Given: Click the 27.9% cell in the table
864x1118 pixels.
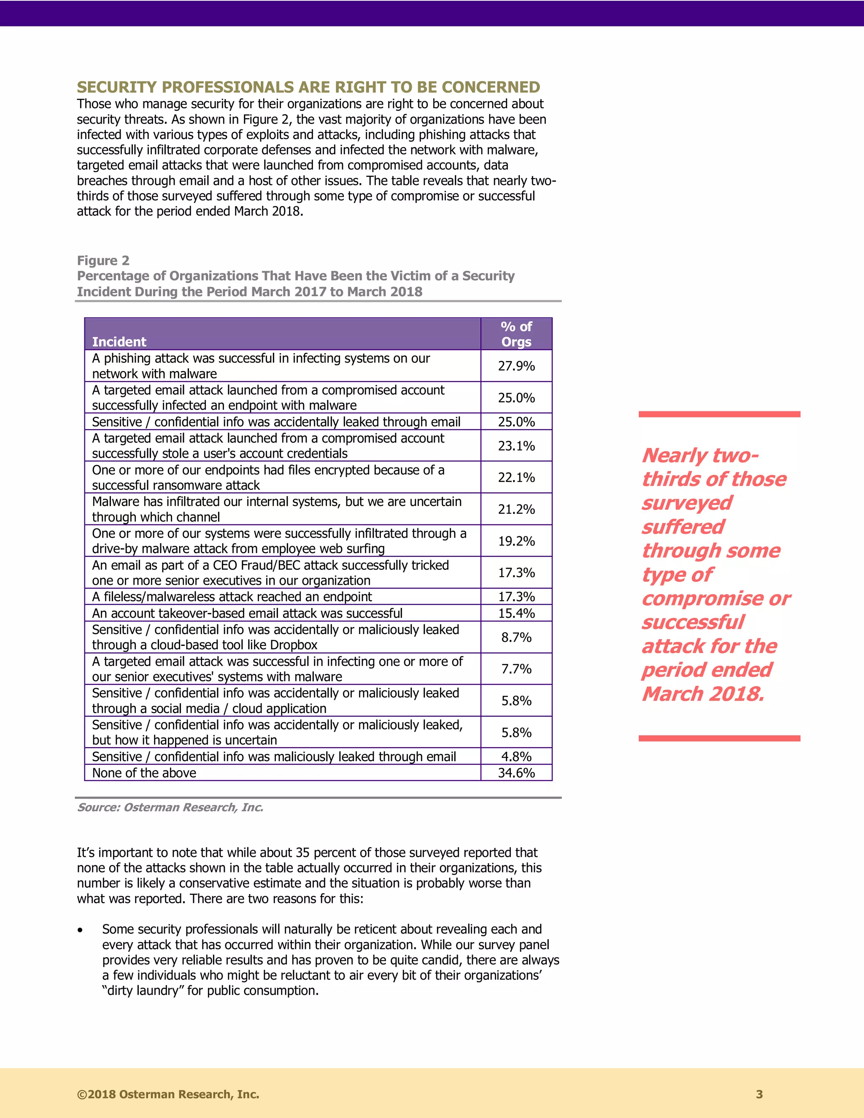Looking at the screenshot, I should coord(516,366).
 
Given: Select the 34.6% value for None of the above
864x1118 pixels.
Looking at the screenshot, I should coord(516,773).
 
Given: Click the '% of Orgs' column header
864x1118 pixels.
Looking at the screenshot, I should coord(516,334).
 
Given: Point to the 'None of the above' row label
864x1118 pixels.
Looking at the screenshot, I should coord(144,773).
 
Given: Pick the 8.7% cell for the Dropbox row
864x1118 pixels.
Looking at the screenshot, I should coord(516,637).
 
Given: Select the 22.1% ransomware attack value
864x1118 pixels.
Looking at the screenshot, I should coord(516,478).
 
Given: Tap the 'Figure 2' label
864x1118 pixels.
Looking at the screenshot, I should coord(103,261).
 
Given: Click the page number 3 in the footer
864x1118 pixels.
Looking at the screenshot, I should coord(759,1094).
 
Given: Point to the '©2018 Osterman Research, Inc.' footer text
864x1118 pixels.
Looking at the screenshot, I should coord(168,1094).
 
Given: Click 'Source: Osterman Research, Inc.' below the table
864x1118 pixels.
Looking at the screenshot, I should coord(170,807).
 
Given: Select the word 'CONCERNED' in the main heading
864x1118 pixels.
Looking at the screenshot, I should coord(491,87).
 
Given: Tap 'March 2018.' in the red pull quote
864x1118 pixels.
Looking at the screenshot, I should coord(703,694).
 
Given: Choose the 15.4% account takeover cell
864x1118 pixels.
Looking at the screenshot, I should coord(516,613).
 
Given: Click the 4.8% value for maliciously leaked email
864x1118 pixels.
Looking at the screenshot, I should coord(516,756).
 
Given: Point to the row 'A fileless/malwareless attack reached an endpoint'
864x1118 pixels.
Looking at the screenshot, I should coord(232,597).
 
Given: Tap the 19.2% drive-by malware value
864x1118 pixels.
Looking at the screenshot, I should coord(516,541).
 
